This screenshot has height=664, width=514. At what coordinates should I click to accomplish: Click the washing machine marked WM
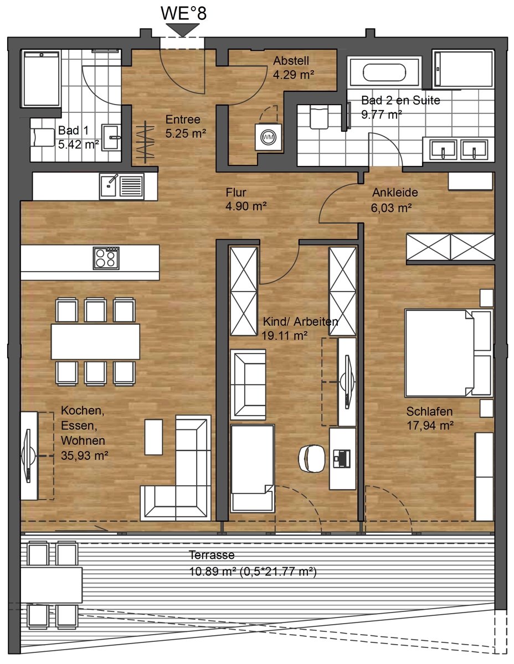[x=269, y=137]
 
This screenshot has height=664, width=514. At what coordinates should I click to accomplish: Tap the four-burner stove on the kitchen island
[x=106, y=258]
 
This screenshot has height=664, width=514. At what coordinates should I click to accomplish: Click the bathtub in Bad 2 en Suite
[x=384, y=72]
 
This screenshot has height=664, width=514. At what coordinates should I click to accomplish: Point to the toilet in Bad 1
[x=42, y=138]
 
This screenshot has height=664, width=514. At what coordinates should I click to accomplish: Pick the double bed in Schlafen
[x=449, y=353]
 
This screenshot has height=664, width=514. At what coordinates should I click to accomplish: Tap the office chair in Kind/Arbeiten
[x=312, y=458]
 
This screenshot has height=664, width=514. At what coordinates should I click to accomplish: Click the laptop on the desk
[x=342, y=458]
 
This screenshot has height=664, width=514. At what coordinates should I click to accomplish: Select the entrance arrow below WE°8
[x=183, y=30]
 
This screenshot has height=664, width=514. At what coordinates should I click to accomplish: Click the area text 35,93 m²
[x=85, y=455]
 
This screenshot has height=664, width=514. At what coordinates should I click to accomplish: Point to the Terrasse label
[x=212, y=555]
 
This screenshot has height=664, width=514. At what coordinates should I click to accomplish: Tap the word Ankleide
[x=395, y=193]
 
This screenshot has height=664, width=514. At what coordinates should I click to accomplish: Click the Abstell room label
[x=291, y=60]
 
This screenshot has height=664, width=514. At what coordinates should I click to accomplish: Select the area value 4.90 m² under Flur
[x=246, y=206]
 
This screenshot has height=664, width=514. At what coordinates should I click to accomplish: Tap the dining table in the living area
[x=95, y=341]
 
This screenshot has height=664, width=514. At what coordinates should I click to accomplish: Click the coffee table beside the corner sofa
[x=153, y=437]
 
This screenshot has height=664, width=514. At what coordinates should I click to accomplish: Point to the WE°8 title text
[x=184, y=13]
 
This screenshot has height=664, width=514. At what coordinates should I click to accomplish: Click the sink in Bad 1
[x=111, y=137]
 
